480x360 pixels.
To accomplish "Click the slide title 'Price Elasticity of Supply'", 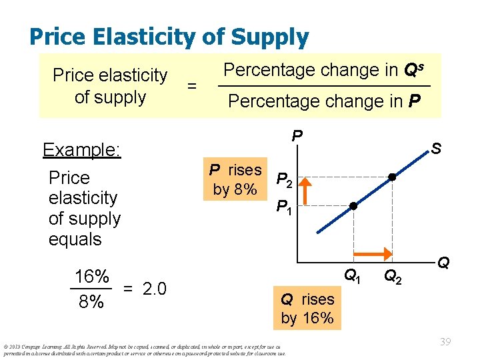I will pyautogui.click(x=169, y=37).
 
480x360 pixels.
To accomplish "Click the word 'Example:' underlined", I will pyautogui.click(x=81, y=149).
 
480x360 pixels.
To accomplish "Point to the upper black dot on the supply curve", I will pyautogui.click(x=393, y=178).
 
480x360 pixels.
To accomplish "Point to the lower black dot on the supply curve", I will pyautogui.click(x=354, y=207).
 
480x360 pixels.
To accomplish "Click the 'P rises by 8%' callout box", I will pyautogui.click(x=235, y=179).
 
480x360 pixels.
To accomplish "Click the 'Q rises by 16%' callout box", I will pyautogui.click(x=307, y=308).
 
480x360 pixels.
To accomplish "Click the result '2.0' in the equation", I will pyautogui.click(x=154, y=289).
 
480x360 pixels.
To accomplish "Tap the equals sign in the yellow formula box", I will pyautogui.click(x=192, y=85).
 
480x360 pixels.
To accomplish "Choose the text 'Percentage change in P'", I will pyautogui.click(x=325, y=101).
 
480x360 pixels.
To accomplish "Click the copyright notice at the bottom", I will pyautogui.click(x=145, y=349).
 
